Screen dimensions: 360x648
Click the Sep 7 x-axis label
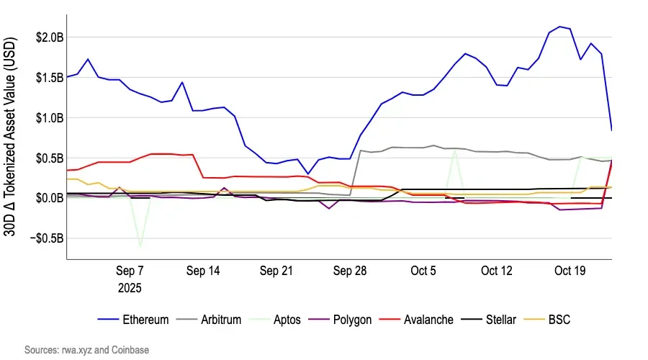[130, 271]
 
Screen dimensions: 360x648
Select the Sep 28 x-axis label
[349, 271]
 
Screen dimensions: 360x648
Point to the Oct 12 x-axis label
[497, 271]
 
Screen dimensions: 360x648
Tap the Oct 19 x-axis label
[570, 271]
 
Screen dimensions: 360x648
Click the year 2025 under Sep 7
[130, 287]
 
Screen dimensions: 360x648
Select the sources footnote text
[86, 349]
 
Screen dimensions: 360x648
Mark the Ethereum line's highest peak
[559, 27]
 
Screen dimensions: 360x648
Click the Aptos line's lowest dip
[140, 247]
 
